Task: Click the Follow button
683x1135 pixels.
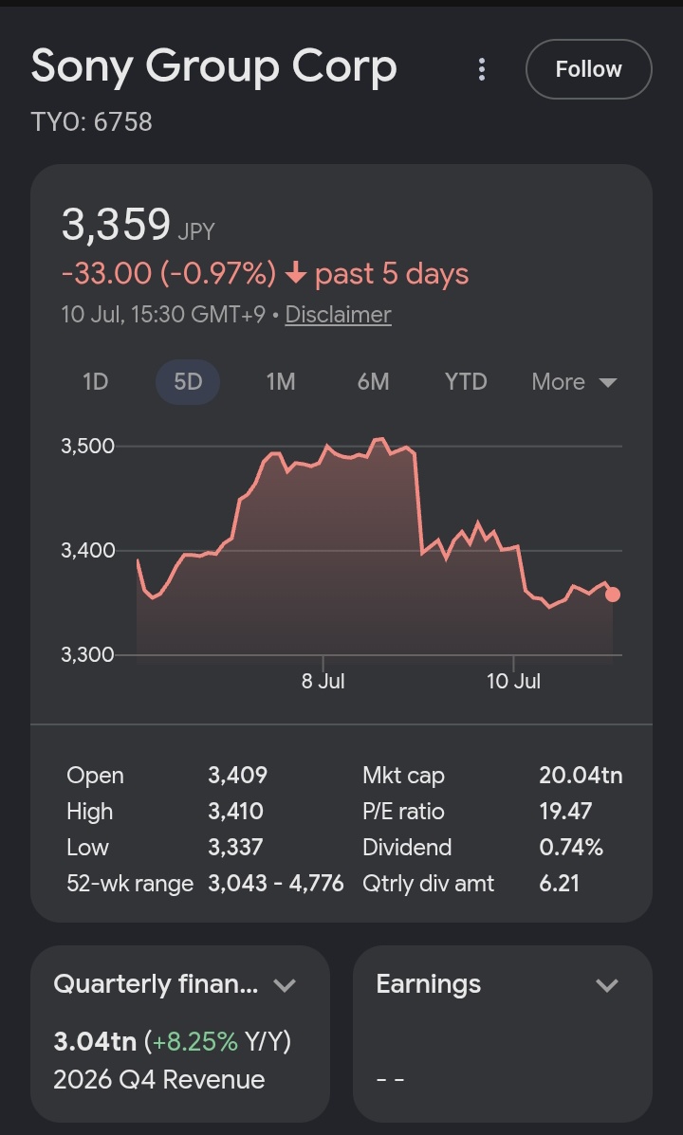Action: pos(588,69)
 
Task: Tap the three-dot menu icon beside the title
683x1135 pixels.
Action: pos(482,69)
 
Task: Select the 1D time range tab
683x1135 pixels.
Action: pos(96,381)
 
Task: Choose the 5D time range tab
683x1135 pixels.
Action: pos(188,381)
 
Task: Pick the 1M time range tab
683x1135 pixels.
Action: pos(280,381)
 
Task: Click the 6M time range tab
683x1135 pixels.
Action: pos(373,381)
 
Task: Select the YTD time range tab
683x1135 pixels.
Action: pos(466,381)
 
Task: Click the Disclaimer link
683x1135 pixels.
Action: pos(339,314)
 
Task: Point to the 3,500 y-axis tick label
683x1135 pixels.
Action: pos(87,446)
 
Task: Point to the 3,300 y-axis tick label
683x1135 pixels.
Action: pos(87,655)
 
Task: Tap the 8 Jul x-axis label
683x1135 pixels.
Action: pos(323,681)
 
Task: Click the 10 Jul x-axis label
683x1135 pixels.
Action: pos(513,681)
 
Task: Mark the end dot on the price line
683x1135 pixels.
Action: pos(613,595)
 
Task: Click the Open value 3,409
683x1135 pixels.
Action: pos(237,776)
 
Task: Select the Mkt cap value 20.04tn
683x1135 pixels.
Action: pos(581,776)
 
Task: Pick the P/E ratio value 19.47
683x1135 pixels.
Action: pos(565,812)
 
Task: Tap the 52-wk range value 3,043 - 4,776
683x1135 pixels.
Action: pos(276,884)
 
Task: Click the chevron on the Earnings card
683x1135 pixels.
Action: pos(607,985)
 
